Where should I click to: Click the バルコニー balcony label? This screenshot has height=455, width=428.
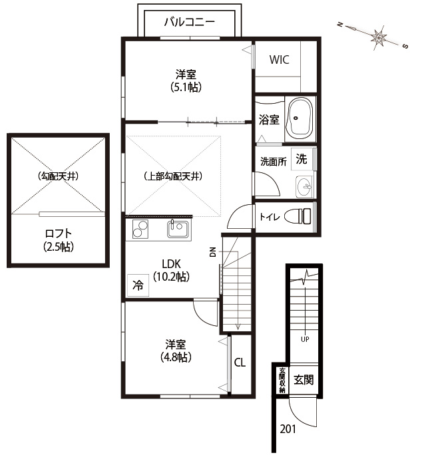point(189,22)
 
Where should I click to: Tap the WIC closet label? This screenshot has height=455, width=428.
point(279,59)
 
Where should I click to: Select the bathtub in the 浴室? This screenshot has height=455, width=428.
point(300,118)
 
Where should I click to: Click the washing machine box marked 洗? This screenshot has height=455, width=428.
point(302,159)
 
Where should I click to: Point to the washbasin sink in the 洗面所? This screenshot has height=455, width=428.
point(304,186)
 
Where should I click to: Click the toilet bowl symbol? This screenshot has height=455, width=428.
point(298,216)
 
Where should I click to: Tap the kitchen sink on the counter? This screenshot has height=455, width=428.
point(178,229)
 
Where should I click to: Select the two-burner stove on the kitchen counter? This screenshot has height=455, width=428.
point(140,229)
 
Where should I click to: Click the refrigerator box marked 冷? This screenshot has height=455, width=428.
point(138,285)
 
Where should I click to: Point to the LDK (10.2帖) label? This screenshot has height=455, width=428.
point(171,270)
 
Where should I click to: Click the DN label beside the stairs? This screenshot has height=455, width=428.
point(213,252)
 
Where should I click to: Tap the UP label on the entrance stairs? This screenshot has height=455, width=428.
point(305,339)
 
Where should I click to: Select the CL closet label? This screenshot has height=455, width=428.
point(240,363)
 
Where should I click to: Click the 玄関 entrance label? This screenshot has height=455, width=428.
point(304,380)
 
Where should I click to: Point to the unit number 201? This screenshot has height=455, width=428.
point(288,429)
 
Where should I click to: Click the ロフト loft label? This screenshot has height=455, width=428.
point(59,233)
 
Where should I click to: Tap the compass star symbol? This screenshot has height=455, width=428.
point(379,37)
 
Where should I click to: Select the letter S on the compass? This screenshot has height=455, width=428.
point(405,46)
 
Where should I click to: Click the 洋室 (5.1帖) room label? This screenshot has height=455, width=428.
point(186,80)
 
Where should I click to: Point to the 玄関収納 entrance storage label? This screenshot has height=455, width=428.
point(282,380)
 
